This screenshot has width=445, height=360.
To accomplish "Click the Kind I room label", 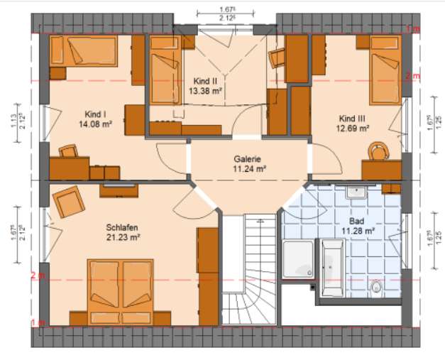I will point(96,114).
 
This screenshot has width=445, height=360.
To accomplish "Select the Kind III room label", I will point(352,118).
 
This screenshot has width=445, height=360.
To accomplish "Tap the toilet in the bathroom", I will point(378,286).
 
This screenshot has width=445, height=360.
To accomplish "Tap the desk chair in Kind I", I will point(69,151).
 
